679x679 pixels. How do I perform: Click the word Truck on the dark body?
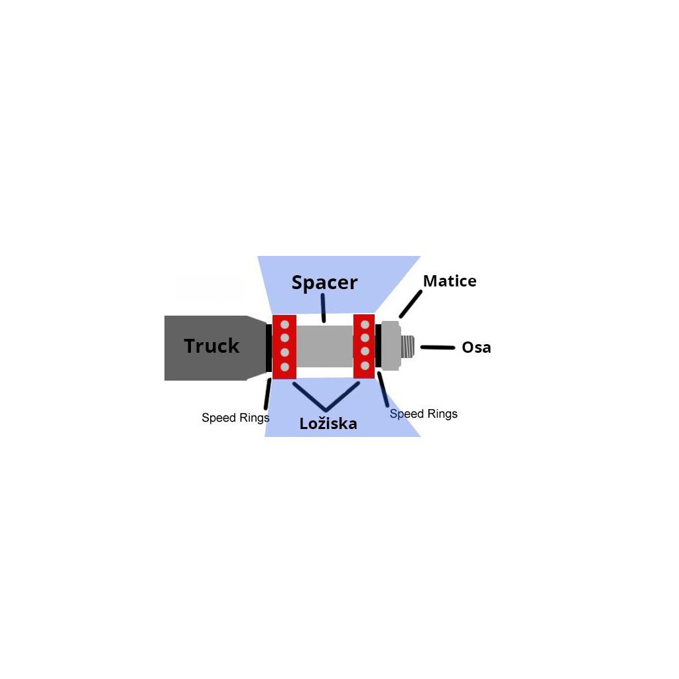[x=211, y=346]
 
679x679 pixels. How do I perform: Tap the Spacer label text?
[x=324, y=283]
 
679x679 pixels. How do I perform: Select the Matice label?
[x=450, y=281]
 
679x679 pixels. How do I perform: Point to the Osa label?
[x=476, y=347]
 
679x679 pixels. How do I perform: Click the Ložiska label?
[x=328, y=424]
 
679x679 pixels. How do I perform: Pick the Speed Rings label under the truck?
[x=235, y=418]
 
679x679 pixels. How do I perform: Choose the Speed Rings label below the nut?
[x=424, y=414]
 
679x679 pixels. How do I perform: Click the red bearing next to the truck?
[x=284, y=347]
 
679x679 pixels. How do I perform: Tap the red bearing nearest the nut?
[x=365, y=345]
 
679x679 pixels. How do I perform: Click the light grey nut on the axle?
[x=391, y=345]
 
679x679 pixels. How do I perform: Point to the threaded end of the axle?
[x=408, y=345]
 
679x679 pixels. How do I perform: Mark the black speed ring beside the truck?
[x=269, y=347]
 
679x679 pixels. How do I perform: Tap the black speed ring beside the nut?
[x=378, y=345]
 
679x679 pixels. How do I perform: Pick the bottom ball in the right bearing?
[x=365, y=365]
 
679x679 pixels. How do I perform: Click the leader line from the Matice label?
[x=410, y=303]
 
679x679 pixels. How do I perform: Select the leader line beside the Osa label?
[x=437, y=347]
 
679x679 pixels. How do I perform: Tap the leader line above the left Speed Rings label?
[x=267, y=395]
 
